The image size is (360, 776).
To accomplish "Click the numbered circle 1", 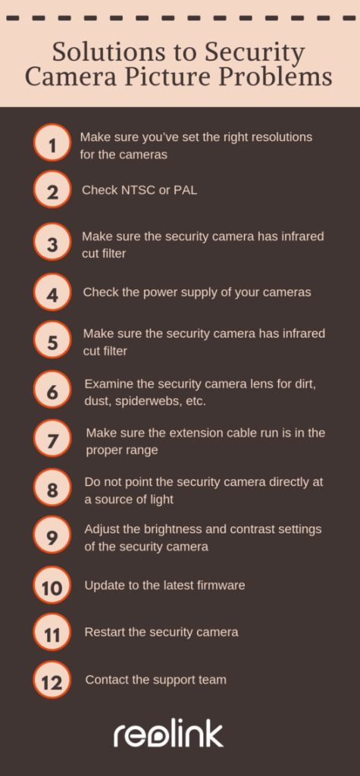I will click(52, 144).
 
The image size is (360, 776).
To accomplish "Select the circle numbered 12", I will click(52, 681).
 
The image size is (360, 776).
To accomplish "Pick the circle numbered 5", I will click(52, 341).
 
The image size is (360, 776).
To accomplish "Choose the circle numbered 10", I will click(52, 586).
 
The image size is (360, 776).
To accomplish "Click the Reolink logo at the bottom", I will click(168, 734).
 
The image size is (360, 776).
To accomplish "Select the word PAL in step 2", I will click(185, 190).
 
